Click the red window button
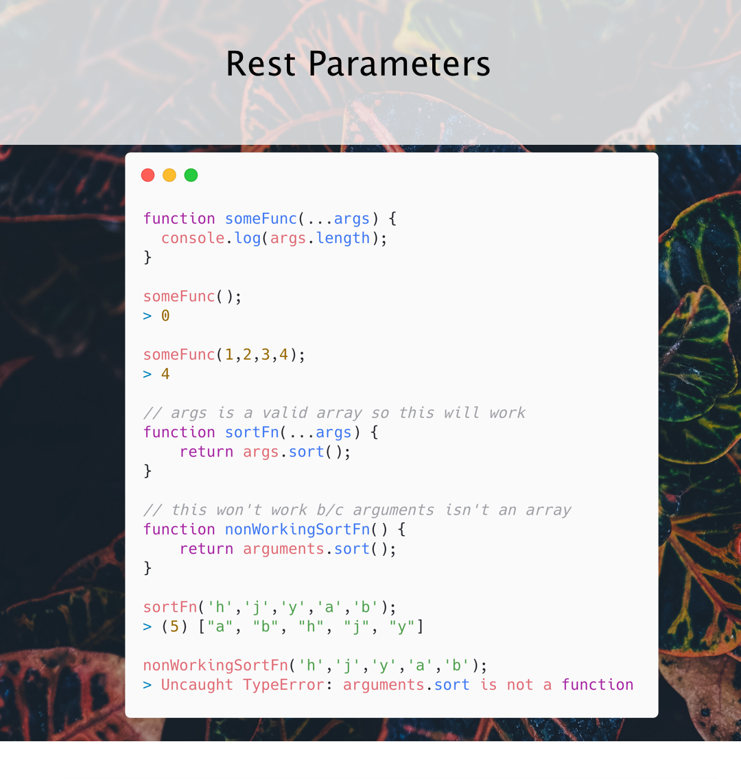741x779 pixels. [x=148, y=175]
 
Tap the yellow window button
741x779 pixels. [x=169, y=175]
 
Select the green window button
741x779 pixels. [x=191, y=175]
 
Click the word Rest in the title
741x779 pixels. [x=261, y=64]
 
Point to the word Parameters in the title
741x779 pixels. [x=399, y=64]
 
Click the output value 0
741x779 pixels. [x=165, y=316]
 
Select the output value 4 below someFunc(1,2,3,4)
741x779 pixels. [x=165, y=373]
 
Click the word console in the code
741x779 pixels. [x=193, y=238]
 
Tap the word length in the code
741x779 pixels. [x=343, y=238]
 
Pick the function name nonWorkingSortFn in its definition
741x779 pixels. [x=298, y=529]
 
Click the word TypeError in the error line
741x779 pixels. [x=283, y=684]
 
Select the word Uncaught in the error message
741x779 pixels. [x=197, y=684]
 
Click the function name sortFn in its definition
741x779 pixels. [x=252, y=432]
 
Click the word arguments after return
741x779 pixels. [x=283, y=549]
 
